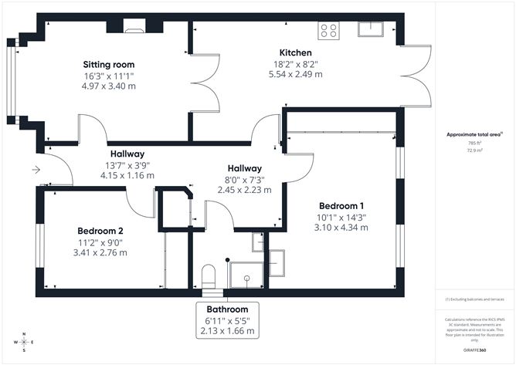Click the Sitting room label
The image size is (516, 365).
109,64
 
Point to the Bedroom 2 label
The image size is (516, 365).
100,231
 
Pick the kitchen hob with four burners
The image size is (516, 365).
328,30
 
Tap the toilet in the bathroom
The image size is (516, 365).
208,275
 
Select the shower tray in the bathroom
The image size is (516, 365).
248,274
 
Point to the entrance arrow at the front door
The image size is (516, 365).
36,169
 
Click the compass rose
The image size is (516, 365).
25,340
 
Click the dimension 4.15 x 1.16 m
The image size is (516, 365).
127,175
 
